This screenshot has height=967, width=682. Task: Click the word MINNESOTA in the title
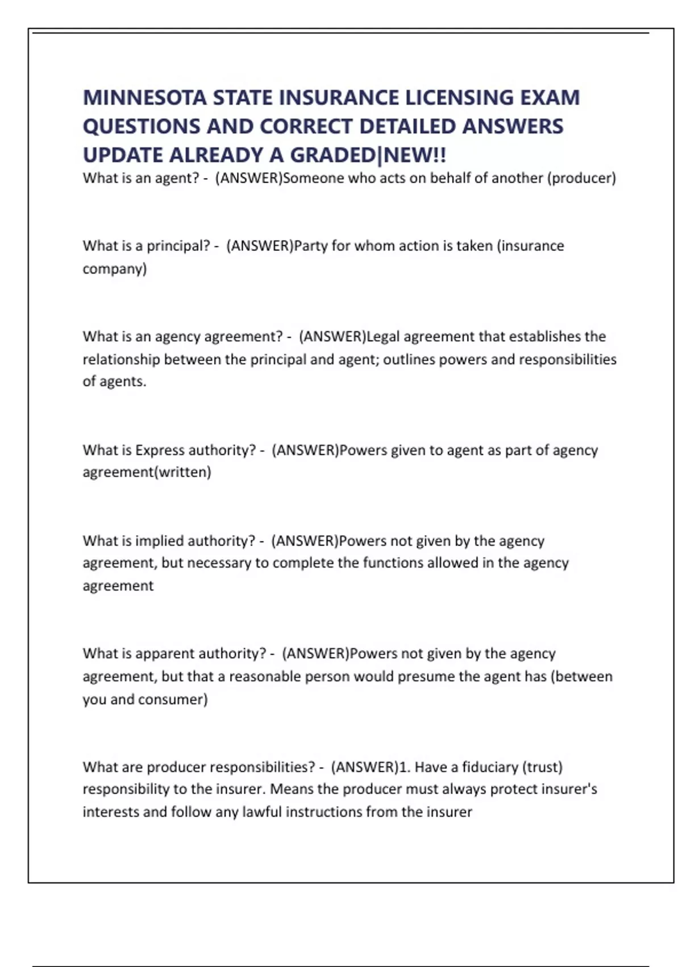(145, 98)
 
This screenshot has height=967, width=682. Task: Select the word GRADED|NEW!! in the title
(368, 155)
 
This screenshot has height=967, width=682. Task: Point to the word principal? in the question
(178, 246)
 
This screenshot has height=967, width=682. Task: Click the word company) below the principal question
(115, 268)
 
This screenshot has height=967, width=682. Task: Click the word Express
(160, 450)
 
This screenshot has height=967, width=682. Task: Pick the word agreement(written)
(147, 472)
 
